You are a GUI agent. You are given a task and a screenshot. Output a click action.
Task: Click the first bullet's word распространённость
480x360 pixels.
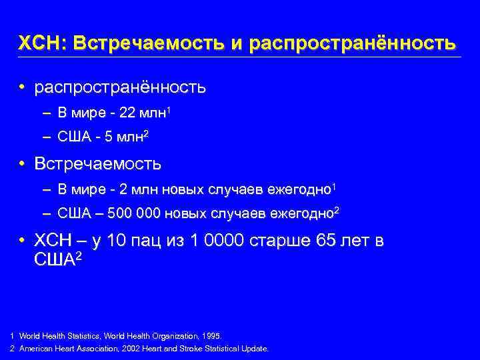coord(120,87)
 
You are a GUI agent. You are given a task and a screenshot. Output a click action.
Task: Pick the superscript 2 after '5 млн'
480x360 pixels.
coord(145,135)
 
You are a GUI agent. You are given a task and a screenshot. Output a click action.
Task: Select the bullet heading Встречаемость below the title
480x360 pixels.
coord(97,163)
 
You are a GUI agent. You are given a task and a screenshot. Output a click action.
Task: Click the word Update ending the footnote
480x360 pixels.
coord(256,349)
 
